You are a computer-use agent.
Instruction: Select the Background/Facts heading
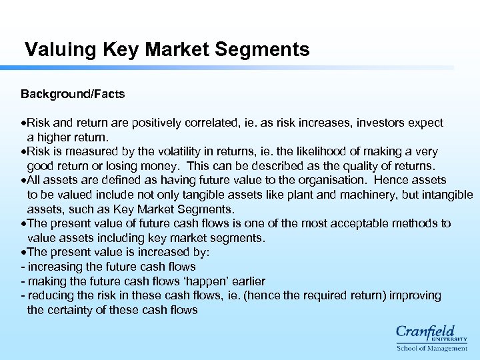click(x=73, y=94)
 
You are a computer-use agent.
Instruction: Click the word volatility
click(x=174, y=151)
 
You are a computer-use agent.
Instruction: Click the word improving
click(x=415, y=295)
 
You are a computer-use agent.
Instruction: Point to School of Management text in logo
click(x=432, y=348)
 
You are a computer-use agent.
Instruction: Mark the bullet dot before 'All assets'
click(x=23, y=180)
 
